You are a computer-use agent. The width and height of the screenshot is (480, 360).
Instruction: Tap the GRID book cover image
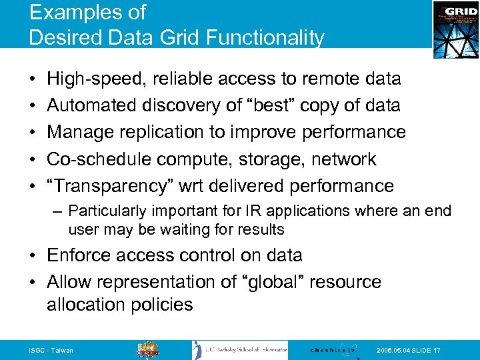click(x=455, y=29)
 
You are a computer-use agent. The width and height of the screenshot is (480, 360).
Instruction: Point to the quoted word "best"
click(x=275, y=105)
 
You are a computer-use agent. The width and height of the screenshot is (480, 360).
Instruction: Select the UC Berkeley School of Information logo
click(x=240, y=350)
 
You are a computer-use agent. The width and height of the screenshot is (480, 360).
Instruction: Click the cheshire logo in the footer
click(x=333, y=350)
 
